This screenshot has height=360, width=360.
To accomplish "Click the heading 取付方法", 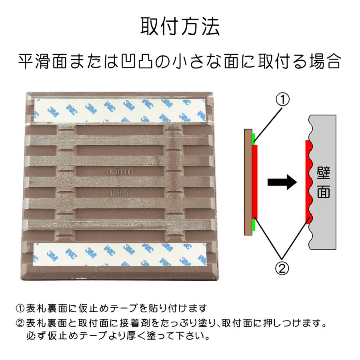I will click(x=180, y=26).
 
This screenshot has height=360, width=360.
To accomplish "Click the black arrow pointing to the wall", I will click(x=282, y=182).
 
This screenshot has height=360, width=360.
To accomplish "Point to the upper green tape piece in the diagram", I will click(x=253, y=139).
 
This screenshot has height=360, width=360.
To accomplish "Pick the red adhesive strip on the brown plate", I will click(x=256, y=182).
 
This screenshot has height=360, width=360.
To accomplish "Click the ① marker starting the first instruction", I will click(x=20, y=308).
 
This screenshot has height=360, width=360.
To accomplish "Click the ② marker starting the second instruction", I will click(x=20, y=322).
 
